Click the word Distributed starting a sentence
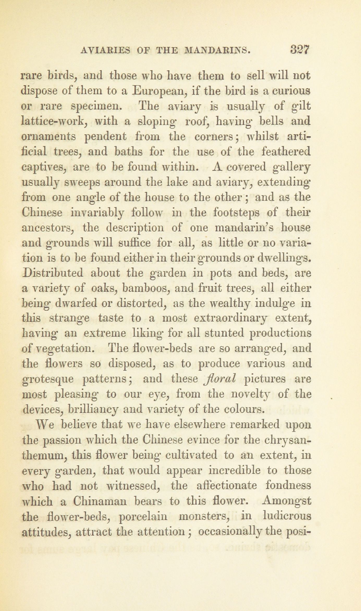pos(52,273)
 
